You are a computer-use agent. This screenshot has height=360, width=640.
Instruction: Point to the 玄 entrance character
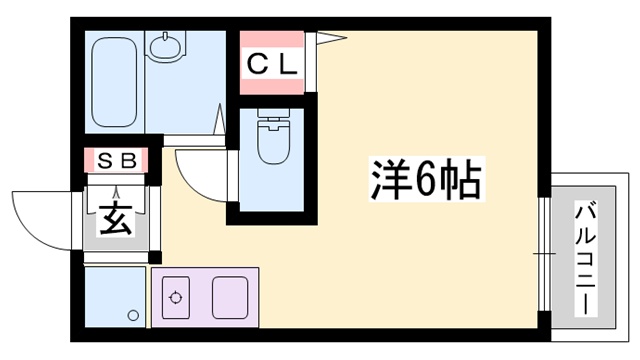[117, 219]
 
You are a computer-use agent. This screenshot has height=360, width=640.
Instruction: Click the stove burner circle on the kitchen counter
[177, 297]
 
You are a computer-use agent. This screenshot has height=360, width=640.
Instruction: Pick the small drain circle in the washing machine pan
[133, 316]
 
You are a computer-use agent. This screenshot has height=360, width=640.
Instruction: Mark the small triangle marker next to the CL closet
[329, 41]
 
